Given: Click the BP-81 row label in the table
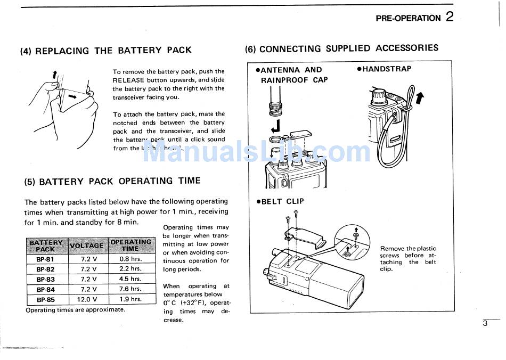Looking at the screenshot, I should (x=45, y=259).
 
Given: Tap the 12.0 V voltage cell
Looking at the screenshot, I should (x=88, y=299).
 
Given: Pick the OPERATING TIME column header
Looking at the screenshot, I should (x=130, y=245).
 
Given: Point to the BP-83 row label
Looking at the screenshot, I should (x=45, y=279).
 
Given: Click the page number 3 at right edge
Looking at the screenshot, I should (x=485, y=323).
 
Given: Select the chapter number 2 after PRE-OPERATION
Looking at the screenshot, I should (x=450, y=17).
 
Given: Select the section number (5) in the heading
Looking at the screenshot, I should (x=30, y=182).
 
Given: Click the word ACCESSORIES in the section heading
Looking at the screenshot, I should (x=407, y=48).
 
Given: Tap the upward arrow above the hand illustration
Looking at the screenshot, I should (x=54, y=74).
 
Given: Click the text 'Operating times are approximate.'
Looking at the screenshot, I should (x=76, y=310).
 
